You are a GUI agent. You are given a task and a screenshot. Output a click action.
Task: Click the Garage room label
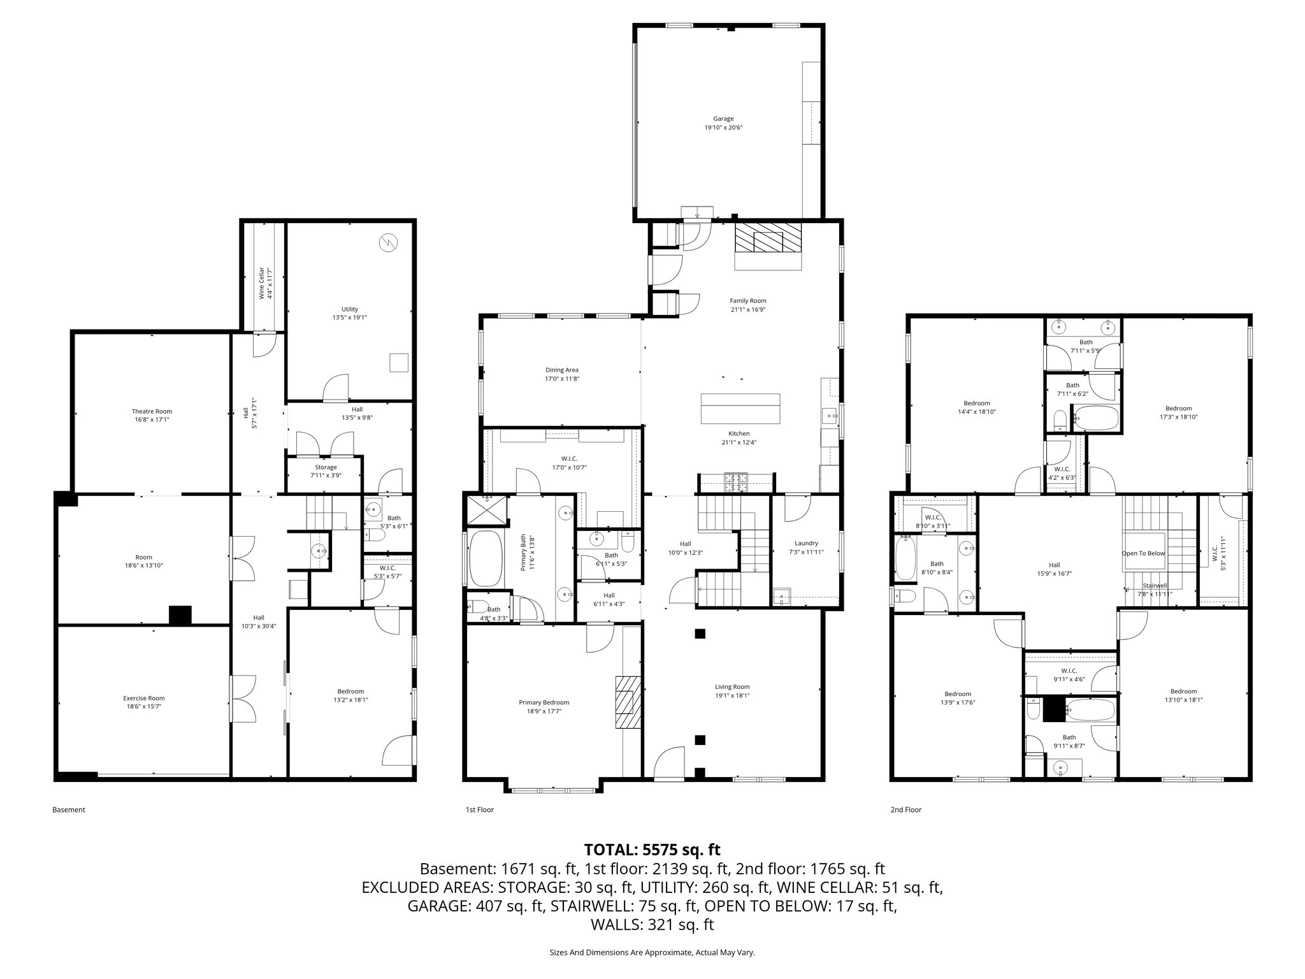[x=723, y=119]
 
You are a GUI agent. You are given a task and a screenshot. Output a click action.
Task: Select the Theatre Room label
[x=152, y=411]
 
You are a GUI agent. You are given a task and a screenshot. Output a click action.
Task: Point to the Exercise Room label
[x=144, y=698]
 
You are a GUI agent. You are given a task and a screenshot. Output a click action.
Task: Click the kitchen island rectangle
[x=740, y=409]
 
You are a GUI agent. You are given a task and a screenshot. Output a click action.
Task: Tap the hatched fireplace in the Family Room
[x=767, y=240]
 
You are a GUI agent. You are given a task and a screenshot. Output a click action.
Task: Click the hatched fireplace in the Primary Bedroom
[x=626, y=701]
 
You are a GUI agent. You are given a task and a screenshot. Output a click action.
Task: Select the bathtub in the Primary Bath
[x=486, y=558]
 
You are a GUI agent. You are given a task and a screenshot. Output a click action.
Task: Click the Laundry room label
[x=806, y=544]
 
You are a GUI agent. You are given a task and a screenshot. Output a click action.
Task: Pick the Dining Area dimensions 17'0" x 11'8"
[x=561, y=379]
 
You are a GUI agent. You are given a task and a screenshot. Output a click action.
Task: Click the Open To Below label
[x=1143, y=553]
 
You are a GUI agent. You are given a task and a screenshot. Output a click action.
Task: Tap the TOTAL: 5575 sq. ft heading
[x=652, y=850]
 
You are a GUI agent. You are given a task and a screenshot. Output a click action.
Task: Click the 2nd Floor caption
[x=905, y=810]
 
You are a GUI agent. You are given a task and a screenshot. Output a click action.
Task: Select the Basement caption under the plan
[x=68, y=810]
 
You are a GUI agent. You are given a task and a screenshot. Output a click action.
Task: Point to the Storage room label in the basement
[x=325, y=467]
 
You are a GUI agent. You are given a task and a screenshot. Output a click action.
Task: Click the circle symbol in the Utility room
[x=387, y=243]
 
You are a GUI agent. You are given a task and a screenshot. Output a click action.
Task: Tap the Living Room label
[x=732, y=687]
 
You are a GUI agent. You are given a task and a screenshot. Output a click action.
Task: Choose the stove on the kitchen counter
[x=737, y=482]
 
